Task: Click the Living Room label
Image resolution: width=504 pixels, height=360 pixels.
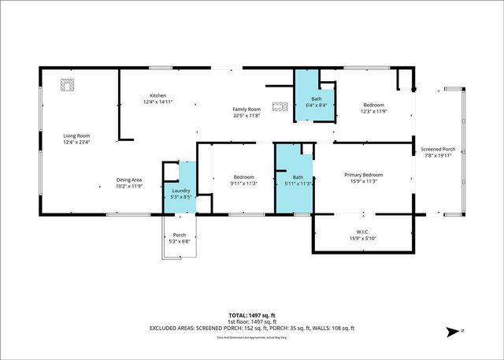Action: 76,136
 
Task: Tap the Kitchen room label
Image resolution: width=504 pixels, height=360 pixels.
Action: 157,95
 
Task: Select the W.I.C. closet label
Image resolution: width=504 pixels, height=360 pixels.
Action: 363,232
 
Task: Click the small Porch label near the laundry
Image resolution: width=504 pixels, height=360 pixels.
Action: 180,235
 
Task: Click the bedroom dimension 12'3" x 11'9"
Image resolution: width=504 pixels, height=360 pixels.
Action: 373,112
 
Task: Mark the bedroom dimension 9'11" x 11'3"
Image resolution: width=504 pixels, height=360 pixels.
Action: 243,184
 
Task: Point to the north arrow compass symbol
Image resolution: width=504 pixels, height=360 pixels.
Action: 451,332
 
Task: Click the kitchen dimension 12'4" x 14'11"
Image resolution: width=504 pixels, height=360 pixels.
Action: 157,102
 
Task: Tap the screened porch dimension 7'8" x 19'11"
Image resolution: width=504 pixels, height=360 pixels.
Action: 439,155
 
